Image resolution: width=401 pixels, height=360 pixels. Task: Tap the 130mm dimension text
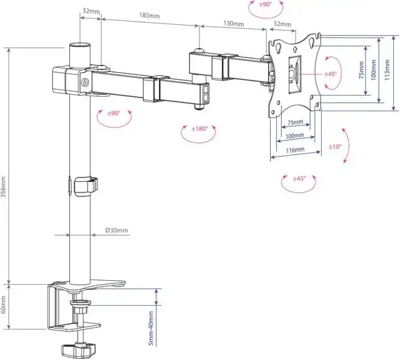tap(234, 24)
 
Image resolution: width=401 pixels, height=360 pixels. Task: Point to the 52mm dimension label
tap(282, 24)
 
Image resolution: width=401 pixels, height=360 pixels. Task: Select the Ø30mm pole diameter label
tap(116, 230)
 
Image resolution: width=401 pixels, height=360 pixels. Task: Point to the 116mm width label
tap(294, 150)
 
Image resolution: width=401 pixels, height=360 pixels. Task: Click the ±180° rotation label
tap(200, 129)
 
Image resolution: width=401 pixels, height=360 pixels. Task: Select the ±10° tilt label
tap(335, 147)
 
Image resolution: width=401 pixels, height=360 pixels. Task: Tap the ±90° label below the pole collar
tap(114, 113)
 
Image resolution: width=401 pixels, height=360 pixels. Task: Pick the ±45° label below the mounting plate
tap(300, 178)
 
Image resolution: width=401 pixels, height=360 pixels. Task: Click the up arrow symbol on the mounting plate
tap(294, 47)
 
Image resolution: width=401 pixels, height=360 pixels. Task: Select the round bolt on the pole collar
tap(86, 83)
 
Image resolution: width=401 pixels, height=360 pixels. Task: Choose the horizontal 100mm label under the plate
tap(294, 136)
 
